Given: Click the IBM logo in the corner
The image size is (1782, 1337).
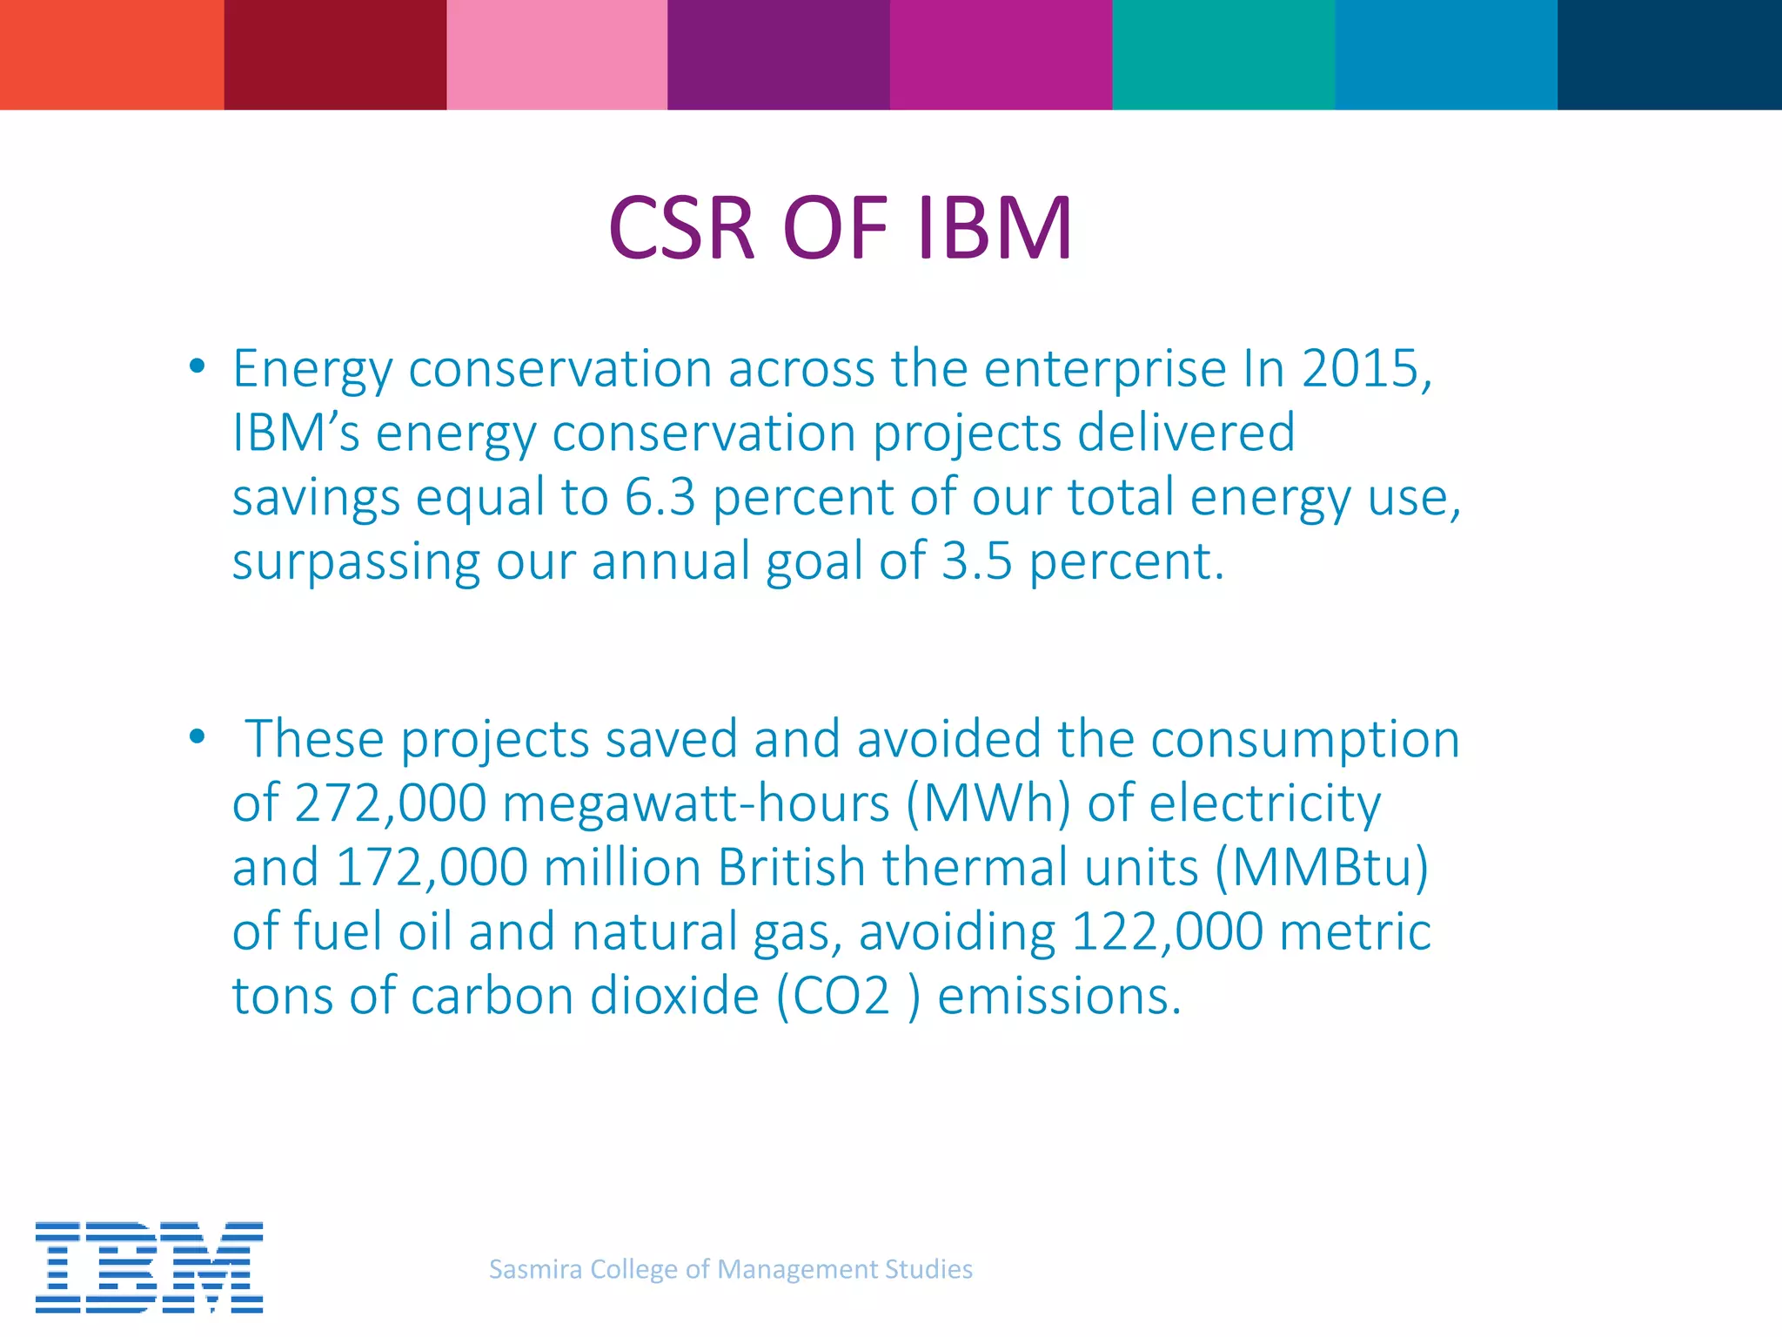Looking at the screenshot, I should point(149,1266).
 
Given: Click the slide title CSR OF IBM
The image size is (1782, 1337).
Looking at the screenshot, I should point(840,228).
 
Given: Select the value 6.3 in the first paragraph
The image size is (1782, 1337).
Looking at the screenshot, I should point(660,497).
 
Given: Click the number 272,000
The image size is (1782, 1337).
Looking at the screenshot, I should point(390,803).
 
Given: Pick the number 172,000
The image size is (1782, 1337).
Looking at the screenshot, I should point(431,867).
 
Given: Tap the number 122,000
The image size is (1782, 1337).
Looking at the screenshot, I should point(1167,931).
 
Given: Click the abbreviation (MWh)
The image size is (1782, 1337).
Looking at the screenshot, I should point(988,803).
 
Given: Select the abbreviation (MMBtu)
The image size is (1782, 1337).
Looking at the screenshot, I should point(1321,867).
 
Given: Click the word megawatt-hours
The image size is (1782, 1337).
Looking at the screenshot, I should point(696,803).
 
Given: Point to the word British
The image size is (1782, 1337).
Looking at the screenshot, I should point(791,867).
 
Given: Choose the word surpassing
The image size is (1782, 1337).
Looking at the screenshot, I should point(356,562).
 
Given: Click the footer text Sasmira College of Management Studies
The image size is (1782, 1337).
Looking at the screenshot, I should point(731,1269).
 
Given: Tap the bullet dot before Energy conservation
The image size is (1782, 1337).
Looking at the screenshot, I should point(198,366).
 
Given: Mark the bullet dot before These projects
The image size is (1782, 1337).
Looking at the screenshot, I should point(198,737).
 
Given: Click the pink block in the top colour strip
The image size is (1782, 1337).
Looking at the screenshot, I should point(557,54).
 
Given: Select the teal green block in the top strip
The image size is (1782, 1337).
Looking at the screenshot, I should point(1223,54).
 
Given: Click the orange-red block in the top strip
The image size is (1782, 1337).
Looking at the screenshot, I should point(111,54).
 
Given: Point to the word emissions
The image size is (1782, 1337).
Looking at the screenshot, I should point(1059,996).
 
